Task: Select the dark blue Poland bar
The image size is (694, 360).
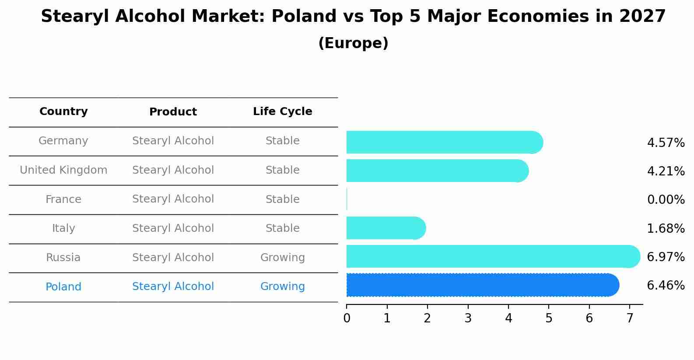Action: point(481,285)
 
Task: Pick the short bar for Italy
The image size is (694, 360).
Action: point(385,228)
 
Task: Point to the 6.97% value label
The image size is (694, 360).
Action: point(666,257)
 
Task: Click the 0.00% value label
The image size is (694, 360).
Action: point(666,200)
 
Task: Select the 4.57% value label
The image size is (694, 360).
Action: point(666,143)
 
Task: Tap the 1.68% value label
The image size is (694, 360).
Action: point(666,228)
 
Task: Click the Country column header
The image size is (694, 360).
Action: point(63,112)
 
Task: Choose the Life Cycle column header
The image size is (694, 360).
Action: point(282,112)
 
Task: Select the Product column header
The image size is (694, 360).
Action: point(173,112)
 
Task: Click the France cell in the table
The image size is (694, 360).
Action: point(63,199)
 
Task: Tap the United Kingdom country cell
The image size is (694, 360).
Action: point(63,170)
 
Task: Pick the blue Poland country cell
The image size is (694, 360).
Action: point(63,287)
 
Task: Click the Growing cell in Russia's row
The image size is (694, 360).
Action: point(282,258)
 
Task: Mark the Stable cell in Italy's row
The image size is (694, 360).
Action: point(282,228)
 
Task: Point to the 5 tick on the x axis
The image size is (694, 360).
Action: point(549,318)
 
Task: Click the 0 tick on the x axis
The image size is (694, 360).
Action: point(347,318)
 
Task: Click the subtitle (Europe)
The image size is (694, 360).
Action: point(353,43)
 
